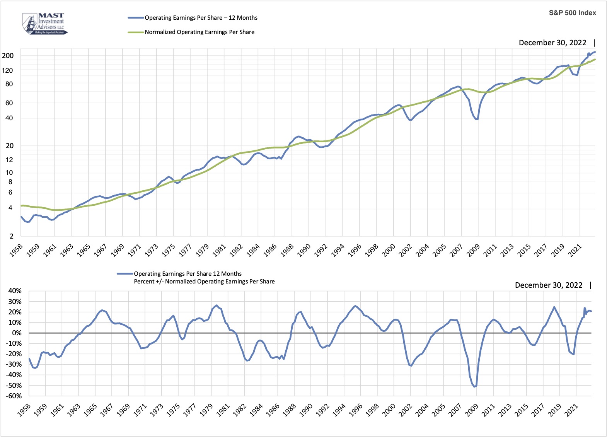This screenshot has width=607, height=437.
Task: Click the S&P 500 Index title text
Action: point(572,13)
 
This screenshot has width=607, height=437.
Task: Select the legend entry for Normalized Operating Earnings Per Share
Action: point(199,32)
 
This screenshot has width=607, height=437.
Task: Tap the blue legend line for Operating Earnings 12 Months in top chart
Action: point(136,18)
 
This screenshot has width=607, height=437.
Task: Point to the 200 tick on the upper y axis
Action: point(8,56)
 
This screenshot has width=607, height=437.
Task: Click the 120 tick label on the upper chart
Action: point(8,70)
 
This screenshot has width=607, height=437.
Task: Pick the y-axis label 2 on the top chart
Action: point(11,236)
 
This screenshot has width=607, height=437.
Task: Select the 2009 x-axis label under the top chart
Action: point(473,250)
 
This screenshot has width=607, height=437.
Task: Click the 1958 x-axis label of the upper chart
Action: point(16,250)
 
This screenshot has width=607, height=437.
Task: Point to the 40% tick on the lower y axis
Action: point(15,291)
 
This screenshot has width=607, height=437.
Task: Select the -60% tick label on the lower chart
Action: point(14,396)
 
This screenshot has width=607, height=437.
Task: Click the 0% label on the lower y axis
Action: point(17,333)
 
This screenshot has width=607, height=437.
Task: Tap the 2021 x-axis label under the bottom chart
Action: point(571,410)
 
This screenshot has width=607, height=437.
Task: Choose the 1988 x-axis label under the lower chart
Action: point(289,410)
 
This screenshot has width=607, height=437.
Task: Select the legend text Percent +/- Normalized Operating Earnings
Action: point(204,282)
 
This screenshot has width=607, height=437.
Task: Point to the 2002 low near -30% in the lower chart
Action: point(411,365)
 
